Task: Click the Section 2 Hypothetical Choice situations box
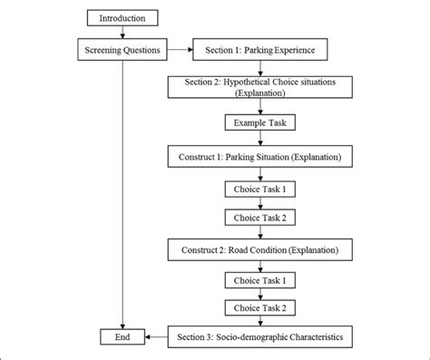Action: (x=259, y=86)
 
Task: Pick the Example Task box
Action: (x=260, y=122)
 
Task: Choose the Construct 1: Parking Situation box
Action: (x=259, y=157)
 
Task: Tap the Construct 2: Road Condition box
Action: (x=259, y=248)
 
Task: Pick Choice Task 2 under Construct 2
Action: (x=260, y=308)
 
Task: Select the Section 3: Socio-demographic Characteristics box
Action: (x=259, y=338)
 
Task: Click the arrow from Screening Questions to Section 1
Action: (x=180, y=50)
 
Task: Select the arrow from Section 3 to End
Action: (x=154, y=338)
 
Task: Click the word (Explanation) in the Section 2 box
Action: (x=259, y=92)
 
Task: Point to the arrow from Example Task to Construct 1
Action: (x=260, y=139)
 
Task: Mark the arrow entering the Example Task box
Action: (x=260, y=106)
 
